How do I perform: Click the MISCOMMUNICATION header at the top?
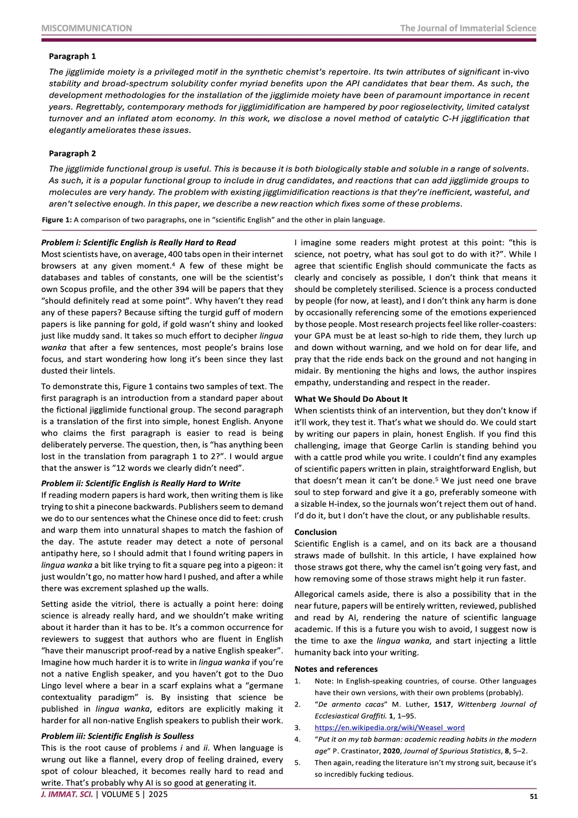click(x=87, y=28)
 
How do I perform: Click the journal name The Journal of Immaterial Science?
click(x=468, y=28)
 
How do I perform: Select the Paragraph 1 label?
click(x=72, y=56)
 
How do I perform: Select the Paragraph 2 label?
click(x=72, y=153)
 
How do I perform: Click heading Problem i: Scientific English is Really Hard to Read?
click(x=139, y=243)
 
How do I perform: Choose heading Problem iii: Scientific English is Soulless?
click(x=118, y=736)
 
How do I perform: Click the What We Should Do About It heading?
click(x=351, y=399)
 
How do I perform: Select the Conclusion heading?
click(x=316, y=532)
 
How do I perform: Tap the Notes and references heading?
click(x=336, y=669)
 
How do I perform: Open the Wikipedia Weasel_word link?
click(x=390, y=727)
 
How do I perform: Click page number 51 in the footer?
click(x=534, y=797)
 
